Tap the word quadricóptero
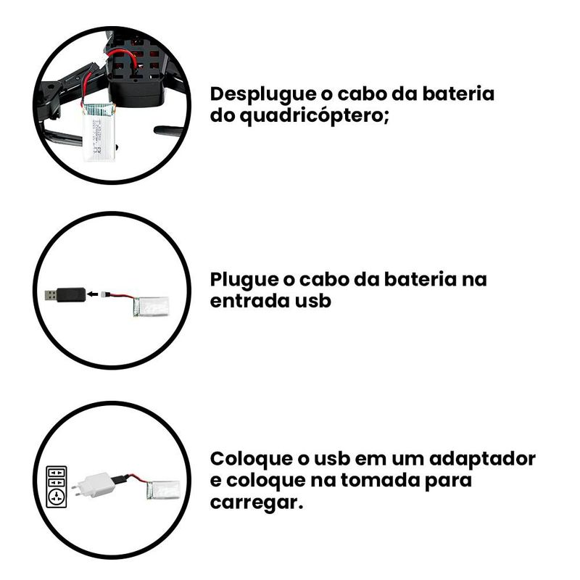click(x=315, y=117)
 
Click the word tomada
click(x=380, y=481)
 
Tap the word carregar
click(x=257, y=503)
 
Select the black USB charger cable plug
click(x=65, y=295)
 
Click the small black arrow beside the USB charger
click(x=93, y=294)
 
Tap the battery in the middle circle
click(x=151, y=307)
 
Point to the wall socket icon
click(x=57, y=486)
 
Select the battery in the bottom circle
click(x=163, y=490)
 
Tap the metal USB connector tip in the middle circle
click(x=51, y=295)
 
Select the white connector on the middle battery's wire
click(x=104, y=294)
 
